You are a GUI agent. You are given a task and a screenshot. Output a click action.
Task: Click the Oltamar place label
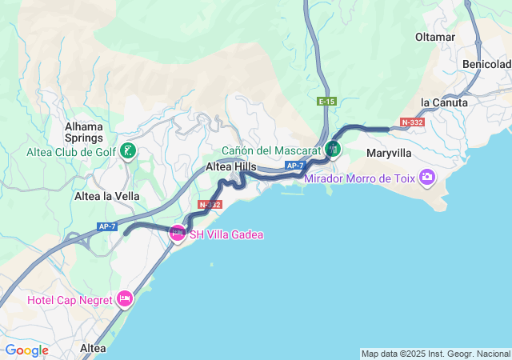(435, 38)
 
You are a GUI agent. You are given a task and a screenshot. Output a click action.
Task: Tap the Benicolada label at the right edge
(486, 64)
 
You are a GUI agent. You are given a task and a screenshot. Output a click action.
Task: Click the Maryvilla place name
(389, 153)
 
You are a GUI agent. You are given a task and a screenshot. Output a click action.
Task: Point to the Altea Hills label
(231, 166)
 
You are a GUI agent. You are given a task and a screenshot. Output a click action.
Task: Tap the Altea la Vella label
(106, 196)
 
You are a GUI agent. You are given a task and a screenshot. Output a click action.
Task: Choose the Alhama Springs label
(84, 132)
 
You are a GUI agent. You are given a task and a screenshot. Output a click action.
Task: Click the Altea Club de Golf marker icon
(128, 150)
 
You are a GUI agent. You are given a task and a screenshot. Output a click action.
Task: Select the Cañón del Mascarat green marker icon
(334, 149)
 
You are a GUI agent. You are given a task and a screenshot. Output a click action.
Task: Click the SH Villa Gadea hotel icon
(177, 234)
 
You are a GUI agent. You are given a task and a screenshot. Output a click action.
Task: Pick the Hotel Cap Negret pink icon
(125, 299)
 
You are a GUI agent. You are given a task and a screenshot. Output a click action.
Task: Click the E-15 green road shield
(326, 102)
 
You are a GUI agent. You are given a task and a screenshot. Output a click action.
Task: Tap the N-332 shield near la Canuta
(412, 122)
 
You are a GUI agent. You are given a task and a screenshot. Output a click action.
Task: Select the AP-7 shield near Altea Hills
(295, 166)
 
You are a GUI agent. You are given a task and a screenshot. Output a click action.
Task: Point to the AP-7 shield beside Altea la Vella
(107, 226)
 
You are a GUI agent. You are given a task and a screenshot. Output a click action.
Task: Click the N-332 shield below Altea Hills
(210, 205)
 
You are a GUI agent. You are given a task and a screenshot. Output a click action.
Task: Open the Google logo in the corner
(26, 350)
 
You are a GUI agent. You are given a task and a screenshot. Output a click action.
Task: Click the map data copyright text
(434, 354)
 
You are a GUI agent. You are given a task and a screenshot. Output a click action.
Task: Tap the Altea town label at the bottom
(93, 348)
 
